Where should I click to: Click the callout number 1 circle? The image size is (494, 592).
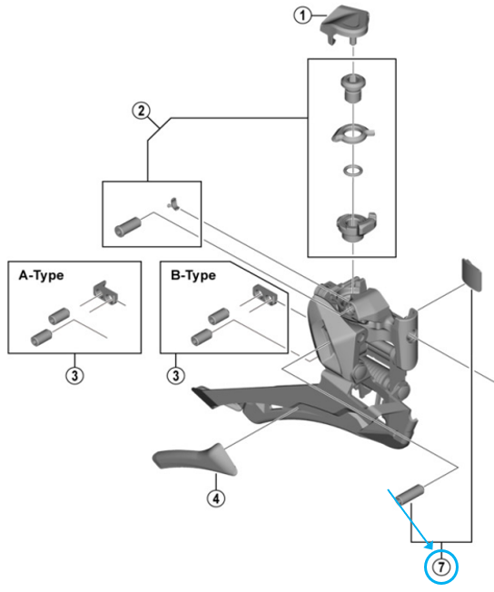click(302, 15)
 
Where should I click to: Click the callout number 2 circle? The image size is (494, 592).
click(141, 111)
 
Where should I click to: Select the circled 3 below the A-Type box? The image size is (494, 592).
click(74, 376)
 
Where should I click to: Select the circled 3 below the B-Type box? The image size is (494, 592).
click(175, 376)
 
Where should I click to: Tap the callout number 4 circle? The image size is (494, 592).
click(216, 498)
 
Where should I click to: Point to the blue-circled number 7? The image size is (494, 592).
click(440, 567)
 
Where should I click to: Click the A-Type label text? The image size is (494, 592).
click(41, 276)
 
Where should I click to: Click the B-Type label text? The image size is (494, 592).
click(193, 276)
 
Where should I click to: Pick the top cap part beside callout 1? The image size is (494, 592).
click(345, 25)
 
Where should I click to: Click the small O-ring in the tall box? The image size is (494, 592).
click(353, 171)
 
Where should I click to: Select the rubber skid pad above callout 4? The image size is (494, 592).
click(194, 459)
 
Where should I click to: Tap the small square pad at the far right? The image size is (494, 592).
click(472, 275)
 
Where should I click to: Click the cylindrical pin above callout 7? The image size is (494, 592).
click(410, 495)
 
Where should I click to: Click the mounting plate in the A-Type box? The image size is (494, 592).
click(105, 291)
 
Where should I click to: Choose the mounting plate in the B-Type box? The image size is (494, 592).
click(265, 294)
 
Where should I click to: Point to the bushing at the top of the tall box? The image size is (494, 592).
click(353, 88)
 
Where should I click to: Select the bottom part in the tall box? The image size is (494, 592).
click(356, 226)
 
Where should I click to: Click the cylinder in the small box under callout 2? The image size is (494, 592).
click(128, 227)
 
